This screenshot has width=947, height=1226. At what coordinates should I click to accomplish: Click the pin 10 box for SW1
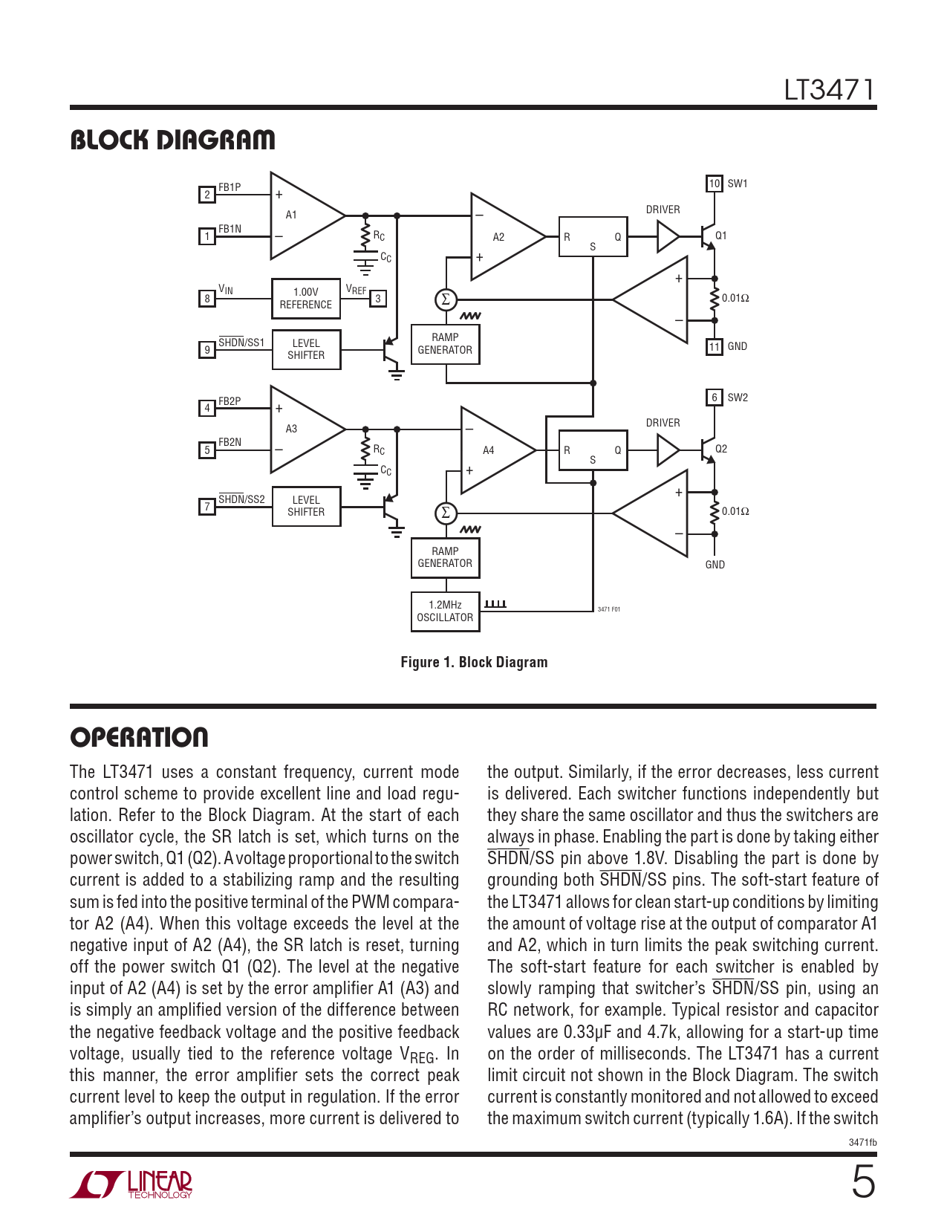coord(714,184)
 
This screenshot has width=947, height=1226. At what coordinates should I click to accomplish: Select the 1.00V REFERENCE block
coord(306,299)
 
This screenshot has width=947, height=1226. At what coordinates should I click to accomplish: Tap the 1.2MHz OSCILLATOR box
coord(445,612)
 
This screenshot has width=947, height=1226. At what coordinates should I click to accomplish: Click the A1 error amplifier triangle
coord(301,215)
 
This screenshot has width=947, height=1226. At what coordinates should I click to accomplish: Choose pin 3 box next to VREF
coord(378,299)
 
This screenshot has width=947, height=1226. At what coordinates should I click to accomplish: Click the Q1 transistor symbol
coord(706,236)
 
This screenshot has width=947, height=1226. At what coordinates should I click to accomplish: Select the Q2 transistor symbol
coord(706,450)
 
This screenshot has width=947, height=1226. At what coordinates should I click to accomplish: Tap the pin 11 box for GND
coord(714,347)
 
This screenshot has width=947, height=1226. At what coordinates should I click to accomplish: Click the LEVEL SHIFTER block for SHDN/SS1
coord(306,349)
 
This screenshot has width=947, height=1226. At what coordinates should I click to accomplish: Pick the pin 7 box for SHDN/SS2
coord(207,507)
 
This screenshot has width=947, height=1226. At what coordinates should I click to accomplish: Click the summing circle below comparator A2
coord(446,299)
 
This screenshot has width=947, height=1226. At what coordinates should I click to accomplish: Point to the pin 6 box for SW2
coord(714,398)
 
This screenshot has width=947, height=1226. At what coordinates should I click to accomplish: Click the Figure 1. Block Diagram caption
coord(474,662)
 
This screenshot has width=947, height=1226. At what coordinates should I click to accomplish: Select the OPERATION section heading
coord(139,738)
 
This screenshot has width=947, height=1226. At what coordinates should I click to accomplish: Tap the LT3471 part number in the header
coord(829,90)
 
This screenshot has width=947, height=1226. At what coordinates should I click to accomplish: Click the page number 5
coord(863,1182)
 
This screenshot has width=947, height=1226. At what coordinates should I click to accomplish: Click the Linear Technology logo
coord(131,1184)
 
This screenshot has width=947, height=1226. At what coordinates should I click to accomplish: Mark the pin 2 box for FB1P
coord(207,195)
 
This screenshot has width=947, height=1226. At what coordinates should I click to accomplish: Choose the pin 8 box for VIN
coord(207,299)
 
